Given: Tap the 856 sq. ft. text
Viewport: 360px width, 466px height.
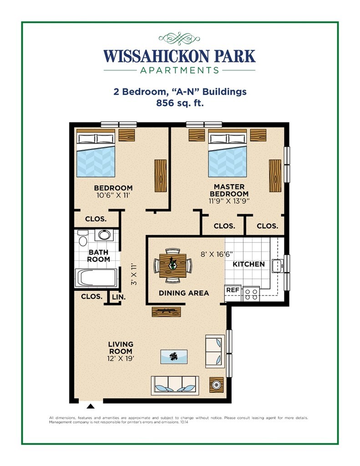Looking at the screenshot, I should coord(180,103).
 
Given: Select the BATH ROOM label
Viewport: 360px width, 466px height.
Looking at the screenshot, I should coord(99,255).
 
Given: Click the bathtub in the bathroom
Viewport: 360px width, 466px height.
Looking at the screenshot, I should coord(96,278).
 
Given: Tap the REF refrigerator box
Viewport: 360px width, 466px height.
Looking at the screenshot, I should coord(233,289).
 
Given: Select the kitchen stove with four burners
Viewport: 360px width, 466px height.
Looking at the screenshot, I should coord(251,293).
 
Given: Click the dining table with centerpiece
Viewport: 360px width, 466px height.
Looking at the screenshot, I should coord(173,266).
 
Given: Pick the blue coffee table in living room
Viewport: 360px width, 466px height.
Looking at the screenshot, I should coord(173,356).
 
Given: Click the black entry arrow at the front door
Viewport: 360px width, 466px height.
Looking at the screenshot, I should coord(91,406).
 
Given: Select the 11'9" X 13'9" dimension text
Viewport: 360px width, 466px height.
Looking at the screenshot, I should coord(229,200).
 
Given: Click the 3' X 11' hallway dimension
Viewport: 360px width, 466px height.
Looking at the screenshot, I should coord(134,274).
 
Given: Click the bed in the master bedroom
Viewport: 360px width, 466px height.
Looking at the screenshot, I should coord(228,155).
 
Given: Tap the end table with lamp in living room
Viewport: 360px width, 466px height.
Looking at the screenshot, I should coord(217,385).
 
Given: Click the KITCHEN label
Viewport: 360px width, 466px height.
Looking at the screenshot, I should coord(248,264).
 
